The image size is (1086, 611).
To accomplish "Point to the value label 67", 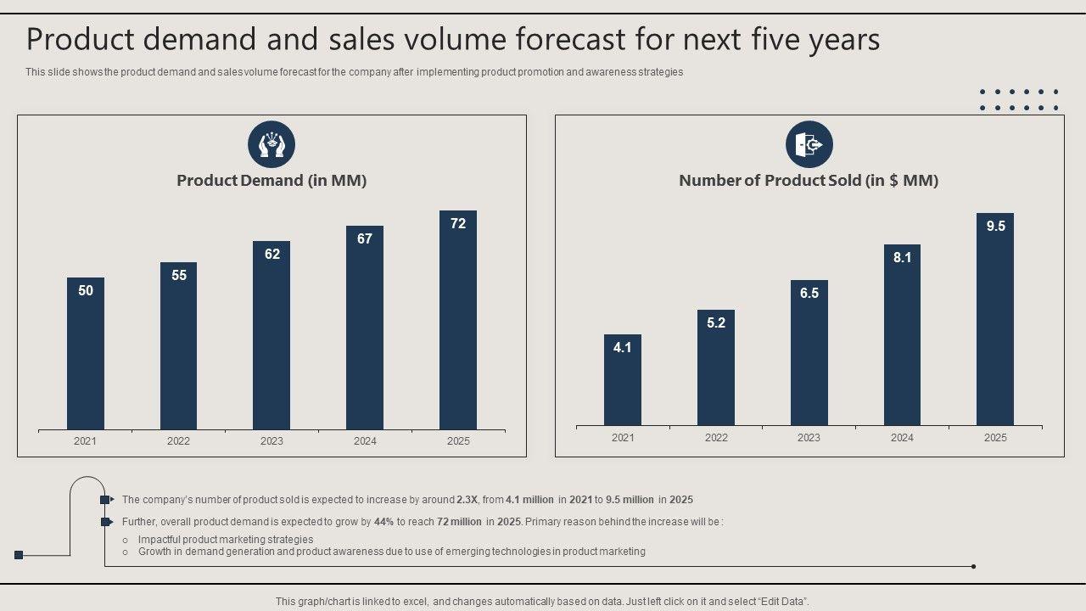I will [365, 239].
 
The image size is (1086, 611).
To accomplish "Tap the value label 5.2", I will [716, 323].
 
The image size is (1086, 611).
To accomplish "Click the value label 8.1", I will [902, 258].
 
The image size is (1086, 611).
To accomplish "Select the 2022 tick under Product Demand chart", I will [178, 441].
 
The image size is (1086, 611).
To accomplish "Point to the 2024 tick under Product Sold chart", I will [902, 438].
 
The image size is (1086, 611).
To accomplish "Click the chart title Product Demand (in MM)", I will [271, 181].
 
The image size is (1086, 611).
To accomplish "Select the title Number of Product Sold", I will [809, 181].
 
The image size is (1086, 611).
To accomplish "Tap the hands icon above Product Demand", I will [271, 144].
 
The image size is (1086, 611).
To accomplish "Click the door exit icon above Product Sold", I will [809, 144].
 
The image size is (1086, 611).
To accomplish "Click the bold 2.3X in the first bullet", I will [467, 500].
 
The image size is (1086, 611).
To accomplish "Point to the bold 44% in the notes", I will [383, 522].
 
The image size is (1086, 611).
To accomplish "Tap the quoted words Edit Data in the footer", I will [782, 602].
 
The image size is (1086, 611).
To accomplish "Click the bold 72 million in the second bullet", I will [459, 522].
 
